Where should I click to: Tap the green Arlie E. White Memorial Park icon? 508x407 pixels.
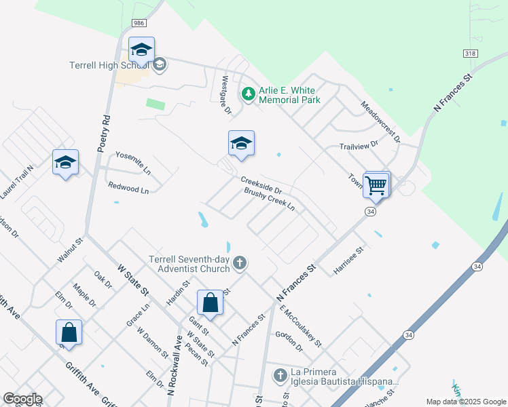[x=249, y=92]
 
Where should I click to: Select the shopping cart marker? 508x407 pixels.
[x=376, y=185]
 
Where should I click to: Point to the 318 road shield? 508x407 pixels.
[x=470, y=53]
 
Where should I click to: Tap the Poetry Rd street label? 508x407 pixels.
[x=103, y=132]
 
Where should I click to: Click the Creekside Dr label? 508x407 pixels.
[x=266, y=184]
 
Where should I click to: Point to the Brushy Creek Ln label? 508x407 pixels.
[x=270, y=199]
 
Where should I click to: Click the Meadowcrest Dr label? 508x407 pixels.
[x=380, y=121]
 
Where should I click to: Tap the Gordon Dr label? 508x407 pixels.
[x=289, y=342]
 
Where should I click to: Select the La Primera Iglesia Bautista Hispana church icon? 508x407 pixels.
[x=279, y=374]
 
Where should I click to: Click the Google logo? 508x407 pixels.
[x=22, y=399]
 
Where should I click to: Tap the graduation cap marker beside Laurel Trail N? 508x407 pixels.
[x=65, y=163]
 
